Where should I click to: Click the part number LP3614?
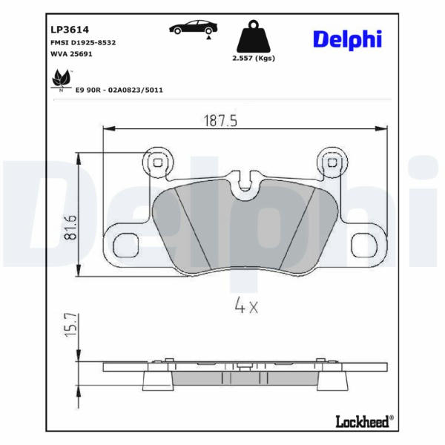click(x=70, y=30)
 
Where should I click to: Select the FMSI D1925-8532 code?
click(x=83, y=42)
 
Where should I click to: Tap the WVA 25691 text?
click(x=71, y=53)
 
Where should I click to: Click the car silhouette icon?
click(x=194, y=28)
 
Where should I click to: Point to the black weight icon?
click(x=254, y=36)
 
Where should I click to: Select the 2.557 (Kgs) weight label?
click(x=254, y=58)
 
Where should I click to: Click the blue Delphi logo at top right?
click(x=347, y=39)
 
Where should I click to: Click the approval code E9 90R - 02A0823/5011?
click(x=119, y=90)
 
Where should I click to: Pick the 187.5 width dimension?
click(x=220, y=121)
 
